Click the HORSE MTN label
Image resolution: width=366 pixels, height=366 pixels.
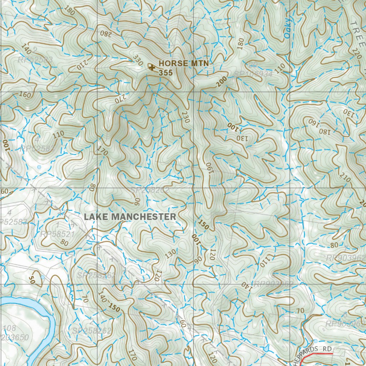[183, 63]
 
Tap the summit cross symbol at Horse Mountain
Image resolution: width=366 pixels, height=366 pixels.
[152, 67]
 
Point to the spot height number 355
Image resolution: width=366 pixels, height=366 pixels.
[166, 73]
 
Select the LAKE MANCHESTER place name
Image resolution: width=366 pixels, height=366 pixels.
[130, 217]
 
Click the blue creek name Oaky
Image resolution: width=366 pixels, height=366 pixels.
[288, 29]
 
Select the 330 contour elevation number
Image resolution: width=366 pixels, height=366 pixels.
[138, 59]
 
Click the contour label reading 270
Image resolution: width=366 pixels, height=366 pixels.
[121, 99]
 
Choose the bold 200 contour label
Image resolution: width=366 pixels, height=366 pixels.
[222, 82]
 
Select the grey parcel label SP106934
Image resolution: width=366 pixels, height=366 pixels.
[253, 74]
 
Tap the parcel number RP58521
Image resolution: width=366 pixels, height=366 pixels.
[57, 234]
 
